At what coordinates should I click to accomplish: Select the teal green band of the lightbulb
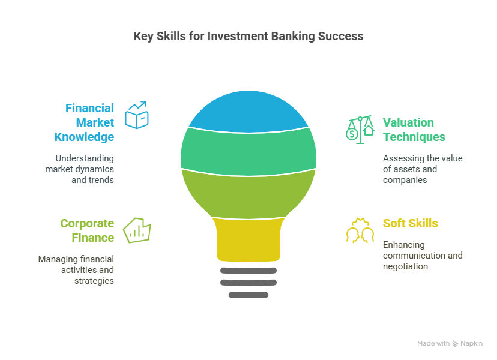(248, 151)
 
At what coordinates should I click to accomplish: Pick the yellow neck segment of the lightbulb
(248, 239)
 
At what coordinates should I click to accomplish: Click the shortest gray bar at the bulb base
(248, 295)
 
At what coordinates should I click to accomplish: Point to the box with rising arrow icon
(137, 115)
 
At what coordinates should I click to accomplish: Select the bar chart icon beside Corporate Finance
(137, 230)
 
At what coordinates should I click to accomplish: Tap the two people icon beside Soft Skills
(360, 230)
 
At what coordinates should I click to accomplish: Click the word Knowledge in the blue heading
(84, 137)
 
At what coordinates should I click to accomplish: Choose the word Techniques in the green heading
(414, 137)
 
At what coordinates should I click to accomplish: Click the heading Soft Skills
(411, 223)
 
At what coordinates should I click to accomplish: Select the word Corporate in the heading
(87, 223)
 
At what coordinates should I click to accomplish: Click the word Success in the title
(341, 36)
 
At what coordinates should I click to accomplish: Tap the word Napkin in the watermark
(471, 343)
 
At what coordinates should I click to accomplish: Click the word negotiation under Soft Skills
(405, 266)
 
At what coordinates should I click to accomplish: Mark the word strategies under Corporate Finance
(94, 281)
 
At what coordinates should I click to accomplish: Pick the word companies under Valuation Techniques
(405, 180)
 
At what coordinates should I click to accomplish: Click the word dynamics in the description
(95, 169)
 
